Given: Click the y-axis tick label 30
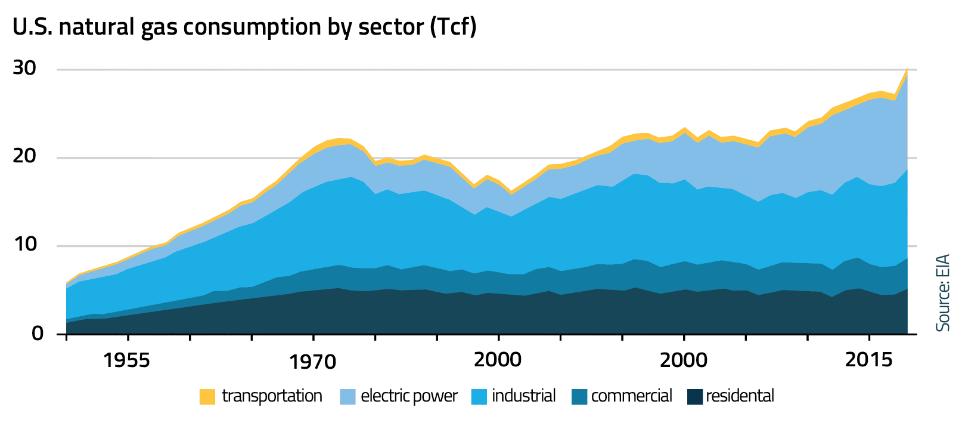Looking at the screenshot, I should pyautogui.click(x=24, y=69).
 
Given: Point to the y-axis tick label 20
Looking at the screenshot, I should pyautogui.click(x=24, y=156).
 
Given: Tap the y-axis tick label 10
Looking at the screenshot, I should pyautogui.click(x=24, y=245).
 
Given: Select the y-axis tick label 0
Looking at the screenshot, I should pyautogui.click(x=38, y=333).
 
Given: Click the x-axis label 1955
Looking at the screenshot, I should pyautogui.click(x=126, y=360).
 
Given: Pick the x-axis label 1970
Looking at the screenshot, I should pyautogui.click(x=312, y=362).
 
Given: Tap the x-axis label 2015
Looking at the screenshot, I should pyautogui.click(x=868, y=360).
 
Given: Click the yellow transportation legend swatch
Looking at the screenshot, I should pyautogui.click(x=207, y=397).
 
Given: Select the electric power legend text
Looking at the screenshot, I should pyautogui.click(x=409, y=396).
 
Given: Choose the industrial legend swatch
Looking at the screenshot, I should pyautogui.click(x=479, y=397).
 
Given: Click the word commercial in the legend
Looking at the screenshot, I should pyautogui.click(x=631, y=396).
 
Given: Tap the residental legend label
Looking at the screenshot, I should pyautogui.click(x=740, y=396).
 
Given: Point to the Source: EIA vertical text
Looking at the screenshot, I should pyautogui.click(x=942, y=293).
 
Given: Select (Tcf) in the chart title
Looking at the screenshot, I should pyautogui.click(x=453, y=27).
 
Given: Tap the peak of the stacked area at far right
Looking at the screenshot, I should pyautogui.click(x=907, y=69).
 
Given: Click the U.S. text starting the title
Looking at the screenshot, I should pyautogui.click(x=32, y=27).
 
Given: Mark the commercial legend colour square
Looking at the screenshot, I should pyautogui.click(x=579, y=397).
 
